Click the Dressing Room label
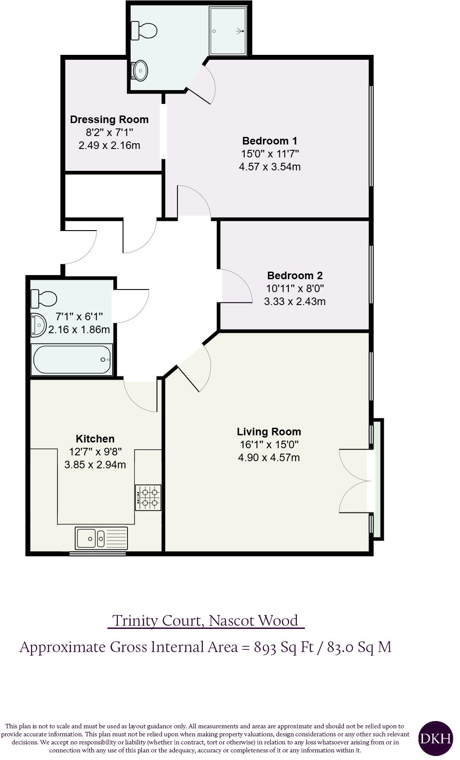click(x=109, y=120)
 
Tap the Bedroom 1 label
click(x=270, y=141)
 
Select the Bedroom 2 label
click(x=295, y=276)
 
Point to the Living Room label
click(x=269, y=432)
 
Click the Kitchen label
click(x=95, y=439)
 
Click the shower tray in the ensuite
click(x=228, y=31)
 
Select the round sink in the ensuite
click(x=140, y=70)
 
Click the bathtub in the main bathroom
click(x=71, y=359)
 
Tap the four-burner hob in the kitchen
click(x=148, y=498)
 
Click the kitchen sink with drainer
click(x=102, y=538)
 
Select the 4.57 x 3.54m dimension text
click(x=270, y=167)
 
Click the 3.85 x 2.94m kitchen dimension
click(x=95, y=465)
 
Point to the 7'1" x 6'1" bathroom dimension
click(x=79, y=317)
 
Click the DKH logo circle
click(x=435, y=738)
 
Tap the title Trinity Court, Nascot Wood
click(x=205, y=620)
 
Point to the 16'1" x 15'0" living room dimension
click(x=269, y=445)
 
